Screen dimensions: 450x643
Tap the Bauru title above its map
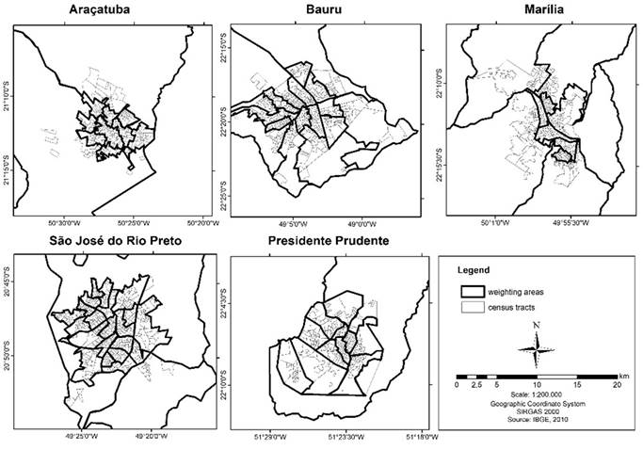tap(320, 11)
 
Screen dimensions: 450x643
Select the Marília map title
tap(544, 11)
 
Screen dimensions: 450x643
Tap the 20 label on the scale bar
tap(618, 385)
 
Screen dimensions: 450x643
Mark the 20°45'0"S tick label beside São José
tap(7, 281)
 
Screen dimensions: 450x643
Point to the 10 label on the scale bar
tap(537, 385)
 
